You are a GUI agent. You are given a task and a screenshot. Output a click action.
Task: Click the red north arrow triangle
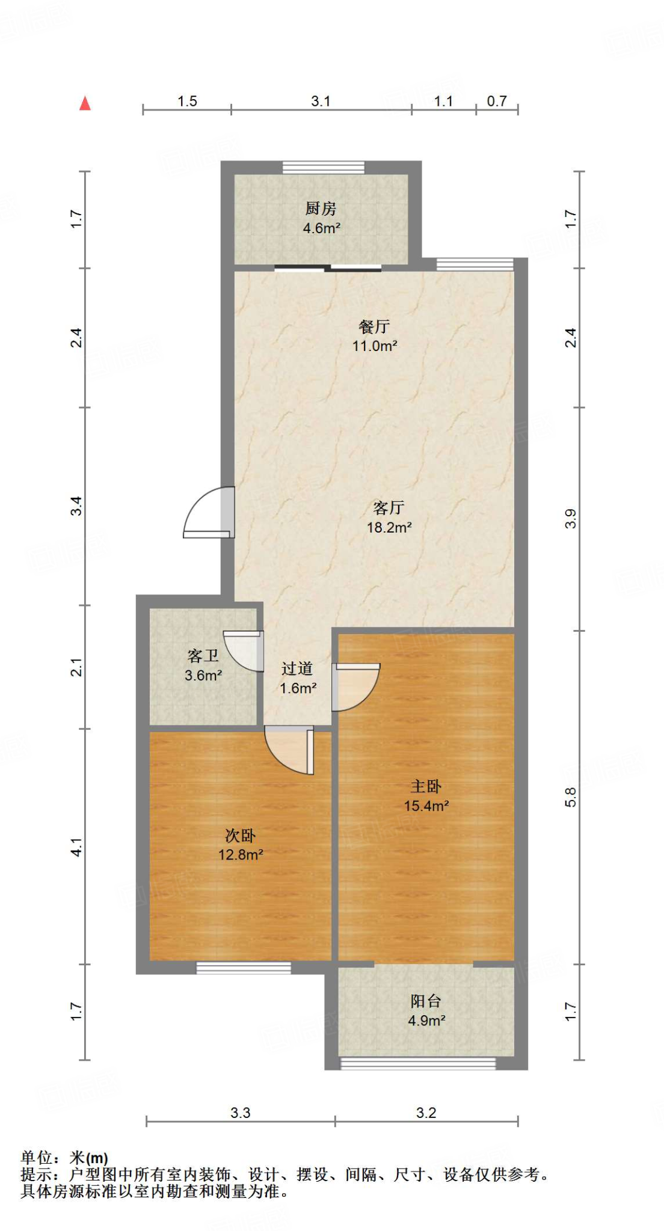tap(85, 103)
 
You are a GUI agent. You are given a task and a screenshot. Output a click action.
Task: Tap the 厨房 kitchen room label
tap(321, 209)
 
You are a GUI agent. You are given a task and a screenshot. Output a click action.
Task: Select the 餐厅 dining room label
tap(374, 326)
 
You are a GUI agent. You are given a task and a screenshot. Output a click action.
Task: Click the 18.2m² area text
tap(389, 528)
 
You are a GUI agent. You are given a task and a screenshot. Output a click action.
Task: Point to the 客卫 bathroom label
tap(203, 655)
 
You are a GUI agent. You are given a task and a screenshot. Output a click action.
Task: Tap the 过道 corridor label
tap(297, 668)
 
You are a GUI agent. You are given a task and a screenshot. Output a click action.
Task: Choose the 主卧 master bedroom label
tap(426, 786)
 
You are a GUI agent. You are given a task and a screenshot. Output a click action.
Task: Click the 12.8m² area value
tap(241, 855)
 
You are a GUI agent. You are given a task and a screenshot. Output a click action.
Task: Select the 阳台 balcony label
tap(426, 1001)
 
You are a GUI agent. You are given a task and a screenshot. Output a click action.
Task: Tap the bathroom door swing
tap(245, 650)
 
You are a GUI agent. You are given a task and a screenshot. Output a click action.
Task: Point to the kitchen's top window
tap(324, 167)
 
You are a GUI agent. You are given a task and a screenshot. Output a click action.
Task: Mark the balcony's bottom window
tap(418, 1063)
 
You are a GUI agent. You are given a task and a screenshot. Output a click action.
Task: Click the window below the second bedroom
tap(244, 968)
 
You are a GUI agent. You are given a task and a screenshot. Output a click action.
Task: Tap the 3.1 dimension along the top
tap(321, 101)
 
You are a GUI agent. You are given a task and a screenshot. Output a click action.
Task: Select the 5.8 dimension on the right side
tap(570, 797)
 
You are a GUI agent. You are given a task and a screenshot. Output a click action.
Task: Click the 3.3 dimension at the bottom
tap(240, 1113)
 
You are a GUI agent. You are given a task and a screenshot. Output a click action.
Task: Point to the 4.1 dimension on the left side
tap(76, 847)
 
